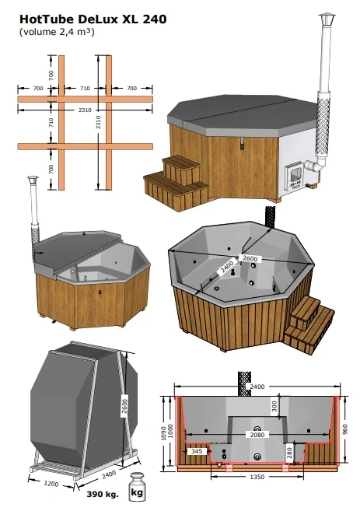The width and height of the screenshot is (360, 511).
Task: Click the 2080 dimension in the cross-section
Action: (x=256, y=435)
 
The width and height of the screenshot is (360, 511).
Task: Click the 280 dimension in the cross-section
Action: (x=288, y=450)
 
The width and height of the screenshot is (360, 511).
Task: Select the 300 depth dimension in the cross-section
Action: (x=273, y=404)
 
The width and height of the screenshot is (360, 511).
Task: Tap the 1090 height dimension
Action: (x=164, y=431)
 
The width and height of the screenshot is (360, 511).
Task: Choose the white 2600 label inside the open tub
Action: (x=250, y=258)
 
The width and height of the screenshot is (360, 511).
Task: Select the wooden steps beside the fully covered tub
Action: (x=177, y=180)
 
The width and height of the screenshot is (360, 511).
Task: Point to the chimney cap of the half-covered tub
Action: (x=32, y=182)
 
